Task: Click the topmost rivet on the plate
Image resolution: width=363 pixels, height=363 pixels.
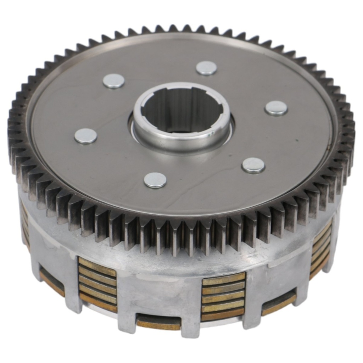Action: [206, 68]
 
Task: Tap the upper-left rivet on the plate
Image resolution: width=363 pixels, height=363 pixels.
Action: [114, 81]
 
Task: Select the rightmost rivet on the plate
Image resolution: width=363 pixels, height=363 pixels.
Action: [276, 108]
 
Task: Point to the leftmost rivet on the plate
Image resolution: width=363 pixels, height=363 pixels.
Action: [85, 136]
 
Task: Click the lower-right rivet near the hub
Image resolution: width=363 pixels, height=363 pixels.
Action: [253, 165]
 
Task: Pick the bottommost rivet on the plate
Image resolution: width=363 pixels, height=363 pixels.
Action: [155, 180]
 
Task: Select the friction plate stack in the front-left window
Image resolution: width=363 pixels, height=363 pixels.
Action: [97, 284]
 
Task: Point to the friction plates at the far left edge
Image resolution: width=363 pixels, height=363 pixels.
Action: [25, 223]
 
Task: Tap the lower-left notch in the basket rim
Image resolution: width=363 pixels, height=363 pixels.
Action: [52, 282]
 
